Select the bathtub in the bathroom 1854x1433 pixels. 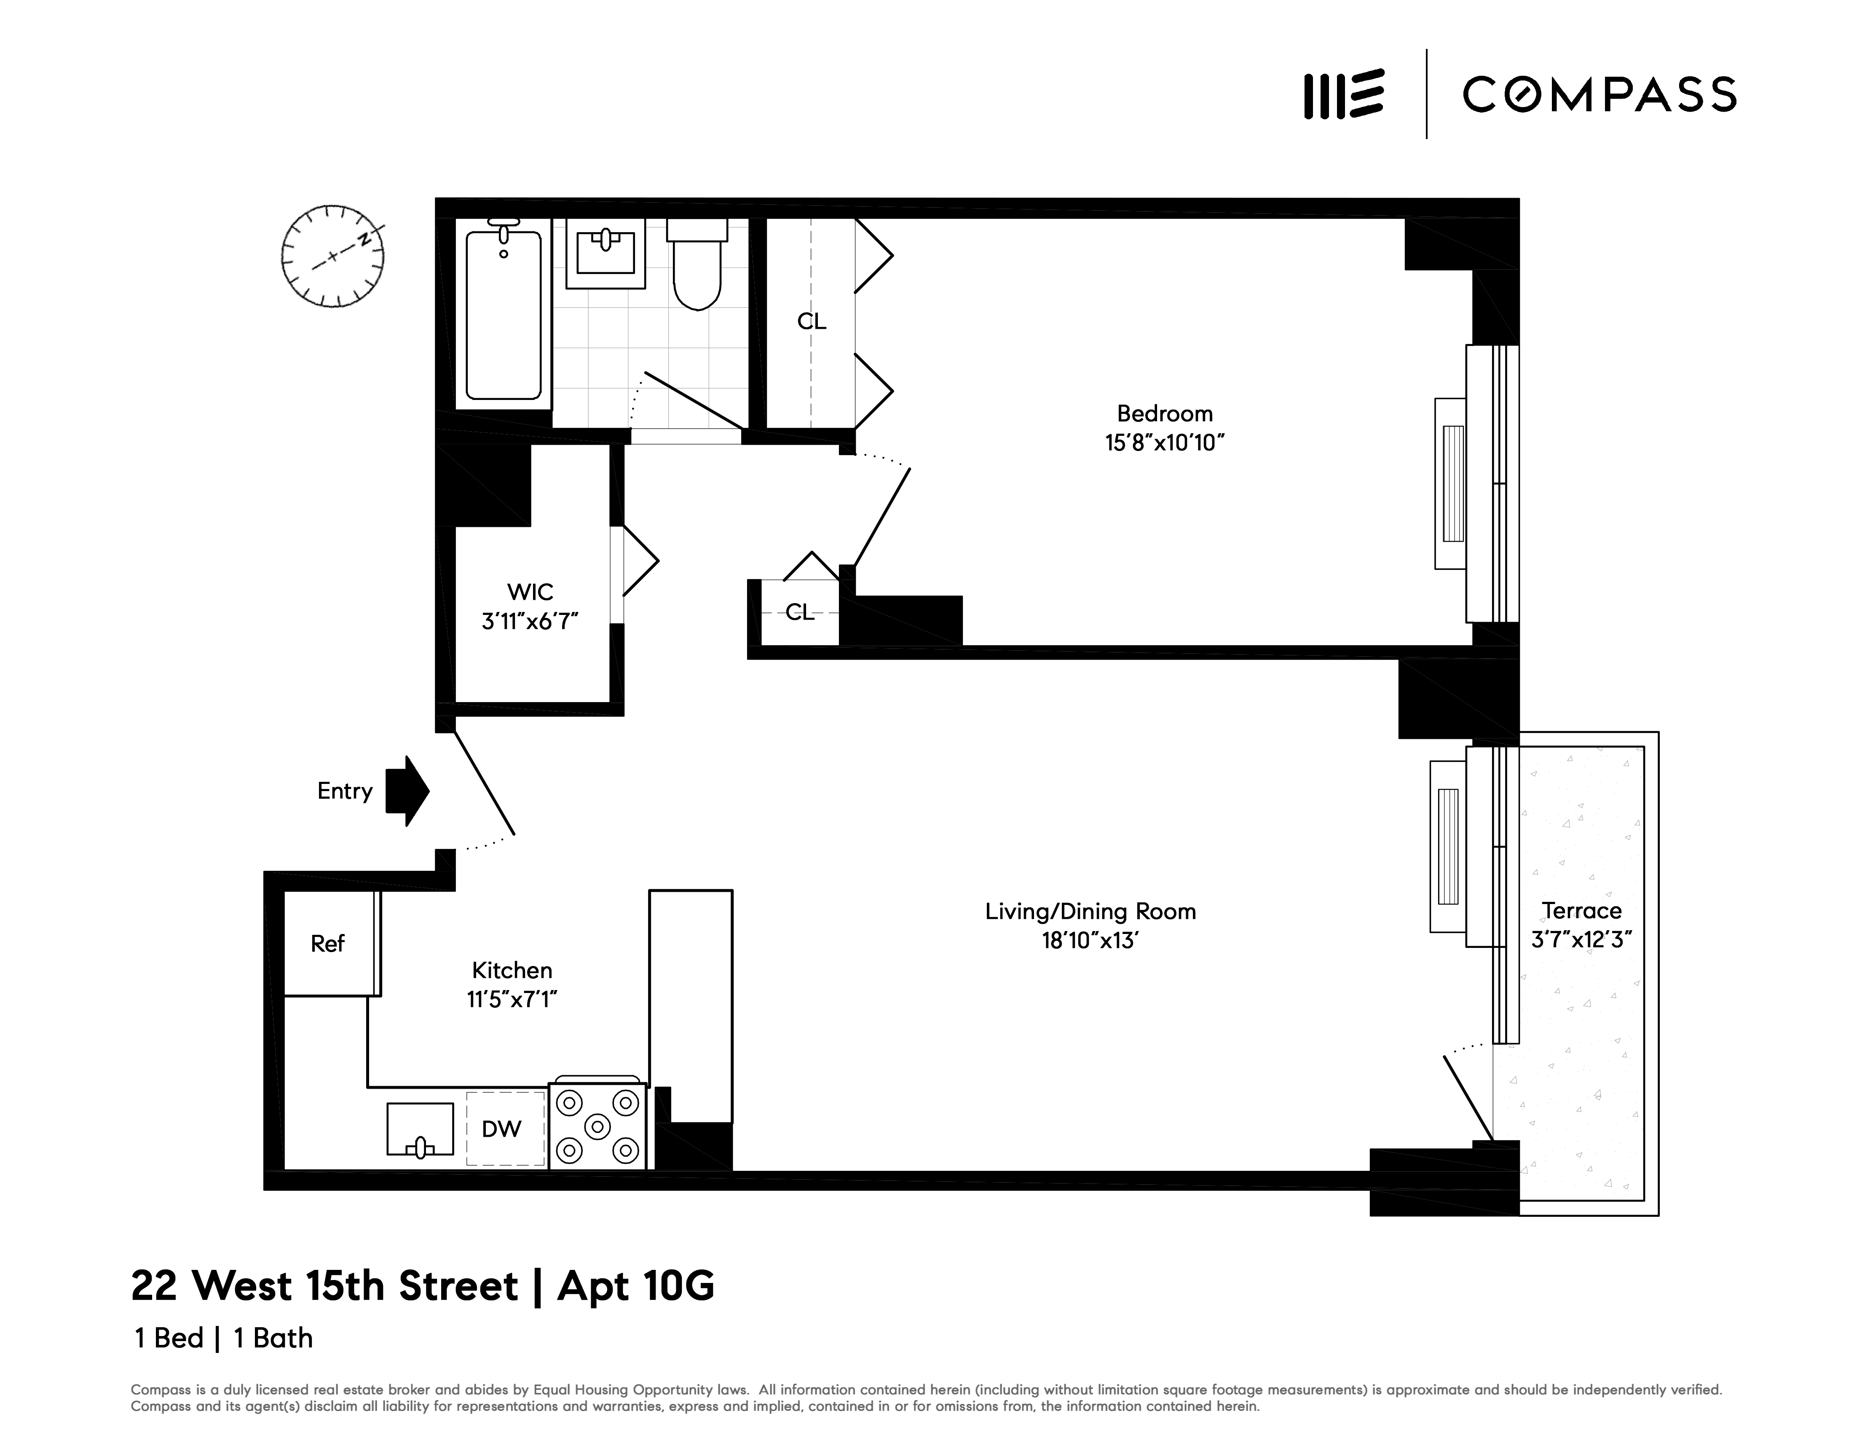click(x=504, y=314)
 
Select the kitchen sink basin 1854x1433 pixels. click(x=420, y=1129)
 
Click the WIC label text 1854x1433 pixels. click(x=530, y=592)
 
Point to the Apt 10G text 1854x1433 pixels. click(x=636, y=1286)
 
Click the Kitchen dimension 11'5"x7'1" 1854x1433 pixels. click(x=512, y=999)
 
